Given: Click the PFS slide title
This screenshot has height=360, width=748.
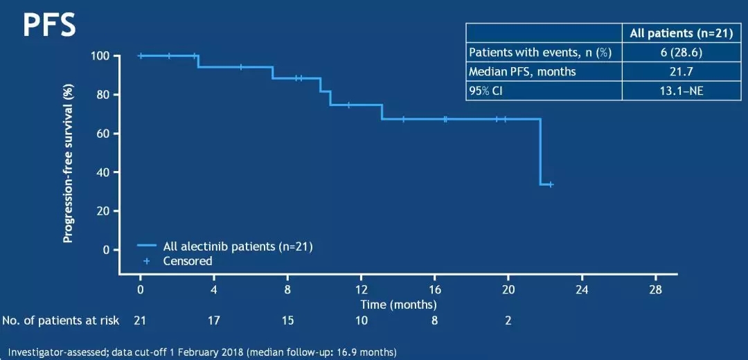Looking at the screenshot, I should point(48,25).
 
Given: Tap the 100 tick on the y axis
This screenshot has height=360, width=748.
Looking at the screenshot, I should point(100,56).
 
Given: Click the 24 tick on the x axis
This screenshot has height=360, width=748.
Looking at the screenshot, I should point(582,289).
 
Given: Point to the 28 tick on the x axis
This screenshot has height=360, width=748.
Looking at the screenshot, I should point(655,289).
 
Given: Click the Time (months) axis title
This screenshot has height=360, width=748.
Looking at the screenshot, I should point(398,304).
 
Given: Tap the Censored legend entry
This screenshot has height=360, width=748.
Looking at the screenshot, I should point(187,261).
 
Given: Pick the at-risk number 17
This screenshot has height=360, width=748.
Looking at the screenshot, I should point(214,321).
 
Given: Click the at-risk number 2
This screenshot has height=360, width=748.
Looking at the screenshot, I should point(508,321).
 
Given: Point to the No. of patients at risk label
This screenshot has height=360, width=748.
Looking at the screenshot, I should point(61,321).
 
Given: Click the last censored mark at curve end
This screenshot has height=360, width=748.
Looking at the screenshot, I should point(551,184).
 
